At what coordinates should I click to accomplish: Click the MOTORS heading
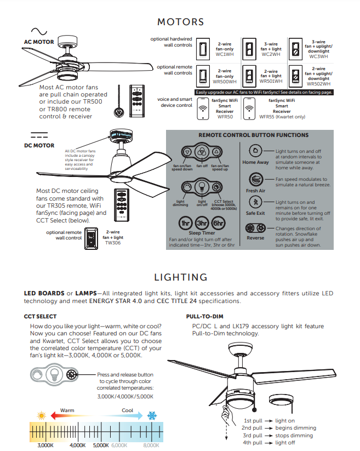click(x=180, y=22)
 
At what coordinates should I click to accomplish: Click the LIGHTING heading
click(x=180, y=277)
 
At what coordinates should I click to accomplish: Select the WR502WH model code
click(x=318, y=84)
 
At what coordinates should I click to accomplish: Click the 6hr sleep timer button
click(x=219, y=223)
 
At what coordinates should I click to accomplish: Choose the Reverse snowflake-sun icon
click(x=255, y=227)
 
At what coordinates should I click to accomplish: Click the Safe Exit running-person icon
click(x=255, y=203)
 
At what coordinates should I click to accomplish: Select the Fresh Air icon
click(x=255, y=179)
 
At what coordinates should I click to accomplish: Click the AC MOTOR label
click(x=39, y=42)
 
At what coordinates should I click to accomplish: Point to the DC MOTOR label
click(x=39, y=145)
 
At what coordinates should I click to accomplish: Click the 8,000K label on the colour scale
click(x=151, y=446)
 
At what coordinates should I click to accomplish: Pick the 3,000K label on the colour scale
click(x=45, y=446)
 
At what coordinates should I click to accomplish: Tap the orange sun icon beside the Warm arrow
click(x=41, y=415)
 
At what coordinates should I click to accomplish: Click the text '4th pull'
click(x=253, y=442)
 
